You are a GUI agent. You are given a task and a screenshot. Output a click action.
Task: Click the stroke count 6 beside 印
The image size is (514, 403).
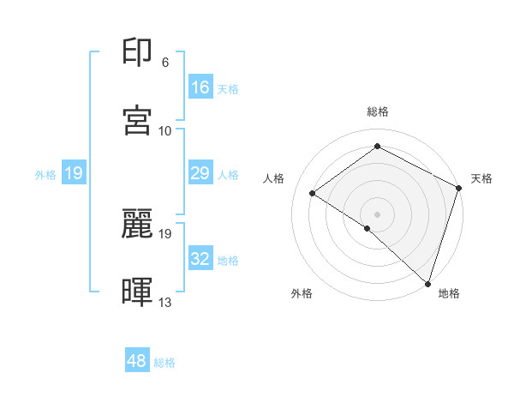pos(165,63)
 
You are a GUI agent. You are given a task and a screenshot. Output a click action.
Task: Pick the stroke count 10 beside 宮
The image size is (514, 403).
pos(165,130)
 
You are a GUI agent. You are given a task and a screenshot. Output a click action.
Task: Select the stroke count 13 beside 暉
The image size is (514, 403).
pos(165,302)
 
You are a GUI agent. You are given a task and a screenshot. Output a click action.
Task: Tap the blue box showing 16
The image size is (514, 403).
pos(200,87)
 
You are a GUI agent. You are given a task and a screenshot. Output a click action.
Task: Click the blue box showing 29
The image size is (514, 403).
pos(200,173)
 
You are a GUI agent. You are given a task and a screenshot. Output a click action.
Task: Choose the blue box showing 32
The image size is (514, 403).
pos(200,259)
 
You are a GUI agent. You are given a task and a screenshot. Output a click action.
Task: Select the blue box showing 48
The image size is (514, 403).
pos(137,361)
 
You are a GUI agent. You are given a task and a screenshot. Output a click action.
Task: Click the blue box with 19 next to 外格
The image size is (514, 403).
pos(74,173)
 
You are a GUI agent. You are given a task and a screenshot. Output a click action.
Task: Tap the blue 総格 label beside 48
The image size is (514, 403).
pos(165,363)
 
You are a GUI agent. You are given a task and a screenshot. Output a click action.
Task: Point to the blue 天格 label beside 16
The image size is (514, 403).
pos(228,88)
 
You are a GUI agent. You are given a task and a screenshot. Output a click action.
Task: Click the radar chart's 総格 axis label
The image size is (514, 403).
pos(378,111)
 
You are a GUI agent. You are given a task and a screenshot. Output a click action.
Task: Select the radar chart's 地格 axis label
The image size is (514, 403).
pos(449,294)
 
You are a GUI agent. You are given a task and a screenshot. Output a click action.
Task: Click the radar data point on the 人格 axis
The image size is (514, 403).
pos(313,193)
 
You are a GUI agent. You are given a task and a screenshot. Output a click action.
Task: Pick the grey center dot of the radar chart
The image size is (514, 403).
pos(378,213)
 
